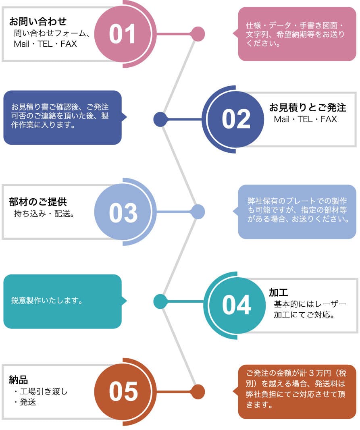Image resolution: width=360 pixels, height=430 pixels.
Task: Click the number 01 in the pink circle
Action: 122,34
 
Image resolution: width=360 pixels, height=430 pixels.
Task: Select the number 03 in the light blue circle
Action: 123,212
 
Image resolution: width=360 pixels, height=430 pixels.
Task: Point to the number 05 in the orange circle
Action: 123,392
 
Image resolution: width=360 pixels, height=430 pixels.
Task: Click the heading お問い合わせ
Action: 37,21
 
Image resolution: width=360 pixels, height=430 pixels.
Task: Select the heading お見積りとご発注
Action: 308,108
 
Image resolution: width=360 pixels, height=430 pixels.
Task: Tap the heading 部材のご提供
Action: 38,201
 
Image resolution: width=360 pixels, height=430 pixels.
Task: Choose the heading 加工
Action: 278,292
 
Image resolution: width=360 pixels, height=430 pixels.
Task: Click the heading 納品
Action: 18,379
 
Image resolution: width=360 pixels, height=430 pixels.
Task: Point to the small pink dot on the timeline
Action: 198,34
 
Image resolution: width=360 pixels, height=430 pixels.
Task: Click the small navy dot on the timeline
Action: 160,119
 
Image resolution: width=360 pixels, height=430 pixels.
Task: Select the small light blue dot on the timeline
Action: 198,212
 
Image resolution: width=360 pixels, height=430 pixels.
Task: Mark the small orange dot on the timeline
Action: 198,392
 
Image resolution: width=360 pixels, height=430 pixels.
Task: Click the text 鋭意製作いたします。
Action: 47,301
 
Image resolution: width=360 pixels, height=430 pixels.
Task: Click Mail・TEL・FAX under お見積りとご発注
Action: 305,119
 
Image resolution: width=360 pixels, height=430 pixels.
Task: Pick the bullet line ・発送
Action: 25,402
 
